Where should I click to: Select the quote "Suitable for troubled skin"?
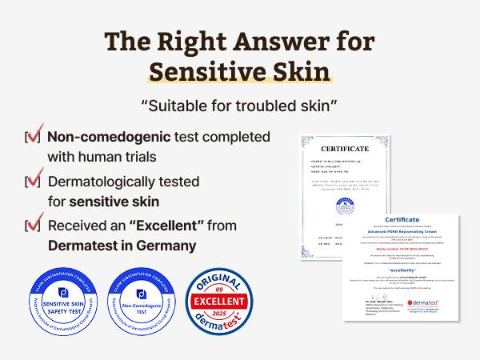[x=239, y=105]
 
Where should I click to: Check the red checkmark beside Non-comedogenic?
[x=34, y=137]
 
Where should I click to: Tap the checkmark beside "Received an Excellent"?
[x=34, y=225]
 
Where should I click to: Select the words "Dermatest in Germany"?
[x=120, y=244]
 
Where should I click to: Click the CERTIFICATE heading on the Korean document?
[x=345, y=149]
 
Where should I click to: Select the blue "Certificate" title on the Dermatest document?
[x=398, y=218]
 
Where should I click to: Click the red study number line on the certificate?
[x=398, y=247]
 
